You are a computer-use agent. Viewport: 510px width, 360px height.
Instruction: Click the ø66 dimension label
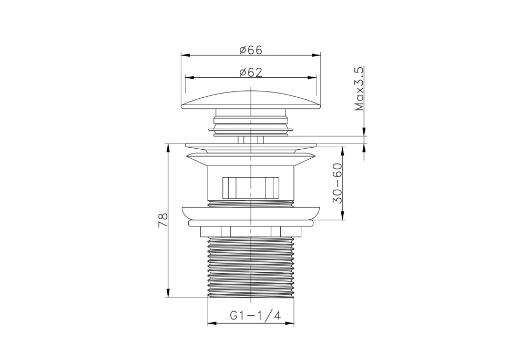pos(251,50)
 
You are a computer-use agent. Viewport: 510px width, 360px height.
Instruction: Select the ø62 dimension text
pos(251,73)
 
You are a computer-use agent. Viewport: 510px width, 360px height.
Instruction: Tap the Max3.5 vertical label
pos(359,89)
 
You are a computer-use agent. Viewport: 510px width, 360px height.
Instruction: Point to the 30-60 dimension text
pos(338,183)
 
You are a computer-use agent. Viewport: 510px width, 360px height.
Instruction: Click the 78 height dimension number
pos(162,221)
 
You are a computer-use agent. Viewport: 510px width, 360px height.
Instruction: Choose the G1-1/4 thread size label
pos(256,315)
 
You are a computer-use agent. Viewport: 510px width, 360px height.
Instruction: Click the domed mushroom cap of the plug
pos(251,99)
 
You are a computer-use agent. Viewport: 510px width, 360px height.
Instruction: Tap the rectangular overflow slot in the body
pos(251,187)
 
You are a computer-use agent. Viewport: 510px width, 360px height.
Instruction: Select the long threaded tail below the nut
pos(251,267)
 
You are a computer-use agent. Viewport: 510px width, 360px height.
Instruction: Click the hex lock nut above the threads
pos(251,231)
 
